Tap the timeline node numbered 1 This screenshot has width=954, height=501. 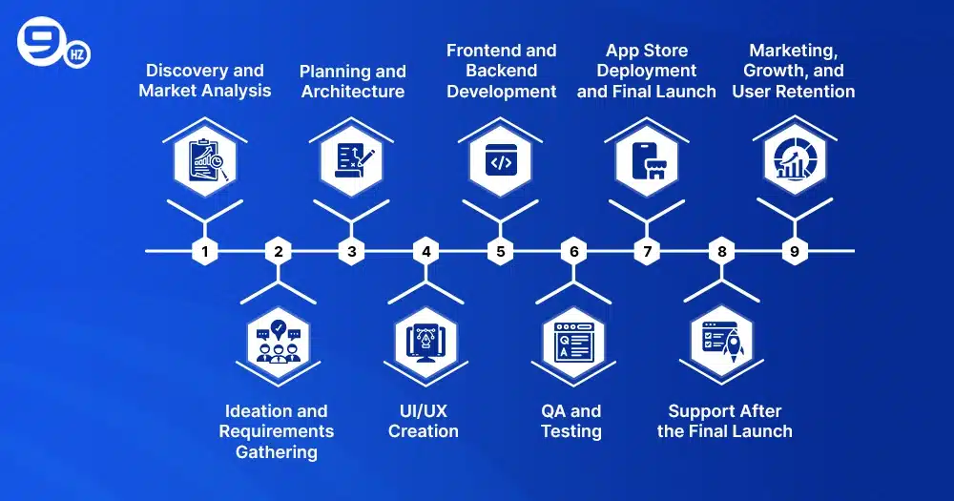tap(204, 252)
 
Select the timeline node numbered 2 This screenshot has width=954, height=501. tap(278, 252)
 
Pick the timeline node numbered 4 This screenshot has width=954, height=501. tap(425, 252)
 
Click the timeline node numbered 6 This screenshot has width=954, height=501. tap(573, 252)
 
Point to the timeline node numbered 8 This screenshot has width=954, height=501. tap(721, 252)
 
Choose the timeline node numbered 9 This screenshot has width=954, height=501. tap(795, 252)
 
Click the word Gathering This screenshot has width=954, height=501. tap(277, 451)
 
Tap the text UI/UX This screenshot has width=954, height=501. tap(424, 411)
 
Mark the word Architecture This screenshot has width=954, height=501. tap(352, 92)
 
